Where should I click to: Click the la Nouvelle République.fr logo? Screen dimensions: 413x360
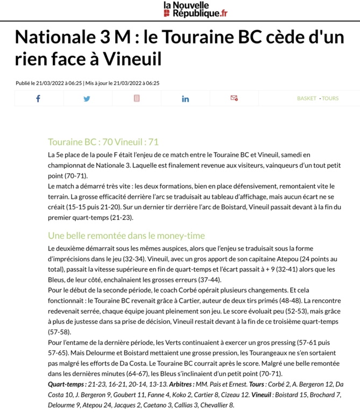[195, 9]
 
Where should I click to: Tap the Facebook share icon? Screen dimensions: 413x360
[38, 98]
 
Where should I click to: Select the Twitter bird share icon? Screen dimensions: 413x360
[87, 98]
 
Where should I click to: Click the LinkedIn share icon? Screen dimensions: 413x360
[186, 98]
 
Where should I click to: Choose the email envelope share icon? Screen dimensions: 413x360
[234, 98]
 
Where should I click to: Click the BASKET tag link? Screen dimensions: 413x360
[307, 98]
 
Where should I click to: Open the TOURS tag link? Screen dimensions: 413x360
[330, 98]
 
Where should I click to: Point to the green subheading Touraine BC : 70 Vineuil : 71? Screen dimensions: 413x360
[103, 142]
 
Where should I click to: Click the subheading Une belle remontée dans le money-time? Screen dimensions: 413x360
[126, 236]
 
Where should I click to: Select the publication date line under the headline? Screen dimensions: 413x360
[87, 83]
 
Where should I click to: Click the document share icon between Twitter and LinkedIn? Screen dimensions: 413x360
[137, 98]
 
